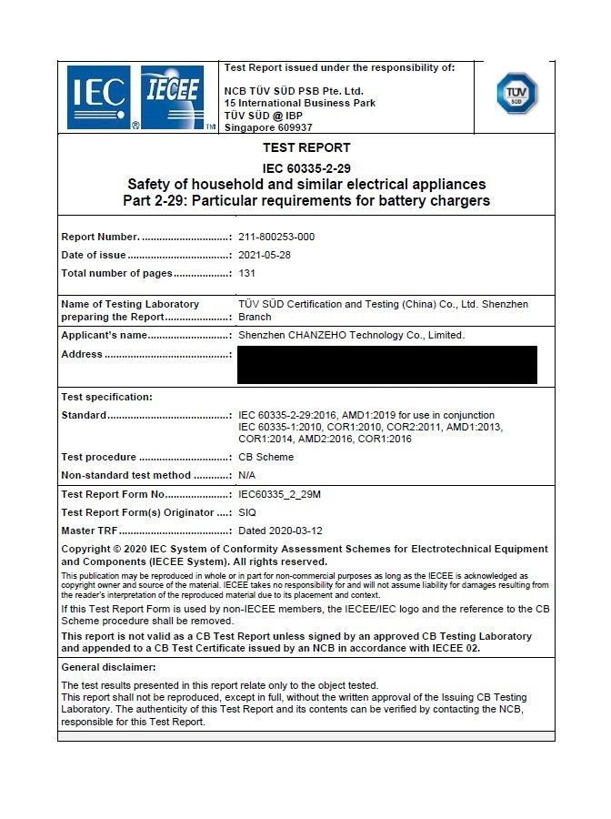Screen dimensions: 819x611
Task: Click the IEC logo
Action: [99, 97]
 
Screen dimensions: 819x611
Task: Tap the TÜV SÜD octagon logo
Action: [516, 93]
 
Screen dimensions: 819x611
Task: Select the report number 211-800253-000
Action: [276, 237]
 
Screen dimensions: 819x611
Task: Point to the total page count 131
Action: [247, 273]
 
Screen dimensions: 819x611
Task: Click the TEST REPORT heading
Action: [306, 147]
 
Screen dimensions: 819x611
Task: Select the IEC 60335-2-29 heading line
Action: [306, 168]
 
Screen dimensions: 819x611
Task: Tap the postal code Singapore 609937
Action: [268, 127]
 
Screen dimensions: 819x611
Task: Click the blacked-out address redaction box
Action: [386, 364]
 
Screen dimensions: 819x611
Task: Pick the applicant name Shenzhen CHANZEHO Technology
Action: [351, 335]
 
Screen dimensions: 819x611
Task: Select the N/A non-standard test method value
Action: [247, 475]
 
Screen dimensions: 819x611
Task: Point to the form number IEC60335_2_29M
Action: [280, 495]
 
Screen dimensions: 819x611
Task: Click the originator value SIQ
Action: [247, 512]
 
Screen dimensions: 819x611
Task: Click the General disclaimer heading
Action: [108, 668]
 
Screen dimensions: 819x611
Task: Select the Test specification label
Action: [106, 397]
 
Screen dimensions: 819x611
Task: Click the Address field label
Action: [82, 354]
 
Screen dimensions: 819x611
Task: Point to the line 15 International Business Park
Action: [300, 103]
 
